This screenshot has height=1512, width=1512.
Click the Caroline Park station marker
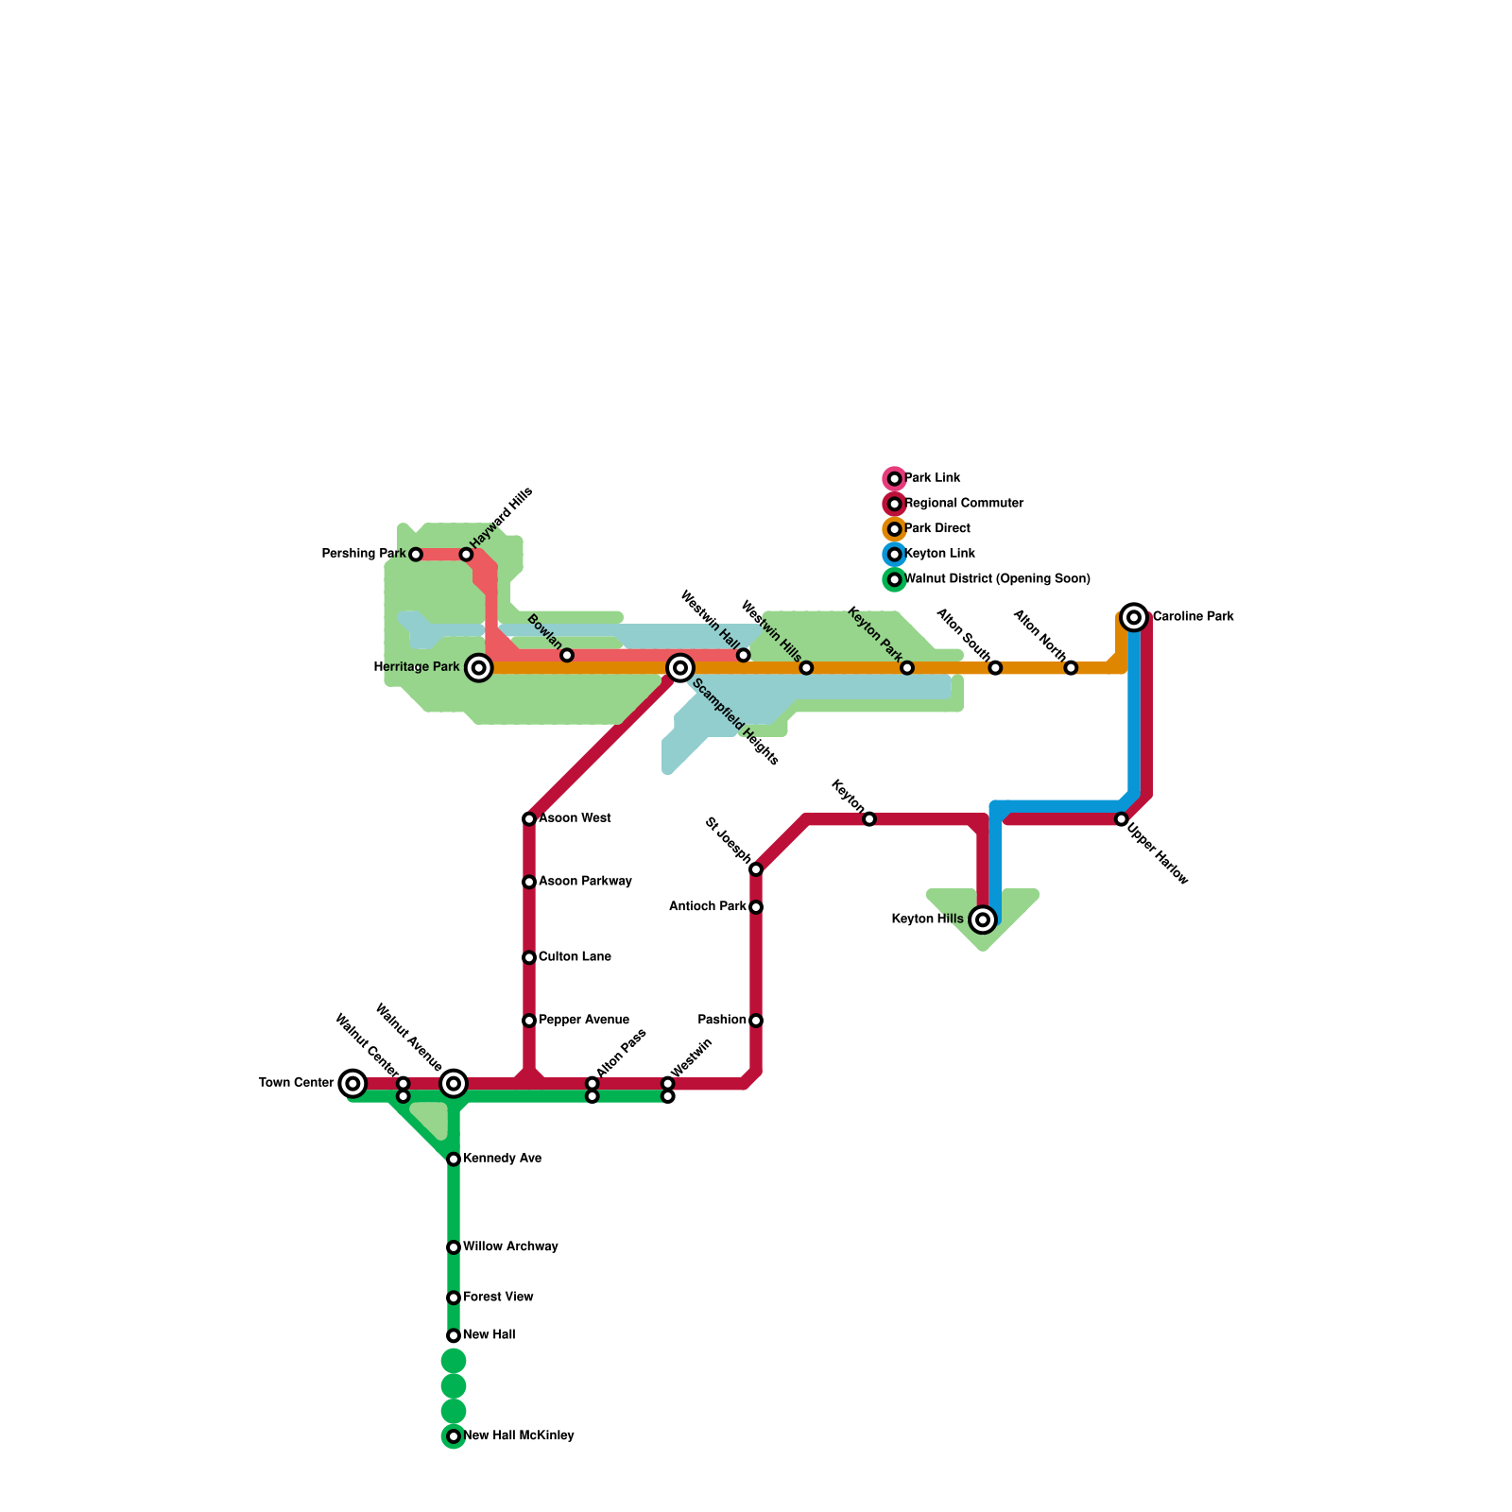click(1134, 617)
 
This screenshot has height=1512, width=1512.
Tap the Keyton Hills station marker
click(983, 919)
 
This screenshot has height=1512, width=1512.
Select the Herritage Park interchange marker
click(479, 668)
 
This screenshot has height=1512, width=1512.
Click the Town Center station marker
click(352, 1083)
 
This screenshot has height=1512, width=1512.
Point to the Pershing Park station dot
click(416, 555)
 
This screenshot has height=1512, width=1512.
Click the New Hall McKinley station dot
click(454, 1436)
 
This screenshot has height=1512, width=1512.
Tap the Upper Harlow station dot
click(1121, 819)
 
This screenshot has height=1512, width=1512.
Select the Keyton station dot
click(869, 819)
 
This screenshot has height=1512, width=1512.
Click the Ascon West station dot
click(529, 819)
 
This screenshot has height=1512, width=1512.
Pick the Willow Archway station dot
click(454, 1247)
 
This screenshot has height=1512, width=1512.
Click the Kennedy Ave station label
click(502, 1159)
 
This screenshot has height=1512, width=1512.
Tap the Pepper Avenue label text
click(584, 1021)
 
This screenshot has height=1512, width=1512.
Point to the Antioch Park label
click(707, 907)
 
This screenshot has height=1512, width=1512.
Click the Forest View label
click(498, 1297)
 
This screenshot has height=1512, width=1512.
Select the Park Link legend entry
click(932, 478)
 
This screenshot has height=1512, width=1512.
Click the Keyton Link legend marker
click(895, 555)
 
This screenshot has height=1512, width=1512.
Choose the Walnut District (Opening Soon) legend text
click(997, 579)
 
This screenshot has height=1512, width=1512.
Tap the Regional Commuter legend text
click(964, 504)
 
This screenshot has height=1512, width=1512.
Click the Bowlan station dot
click(567, 655)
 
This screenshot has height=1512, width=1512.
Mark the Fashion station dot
click(756, 1021)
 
